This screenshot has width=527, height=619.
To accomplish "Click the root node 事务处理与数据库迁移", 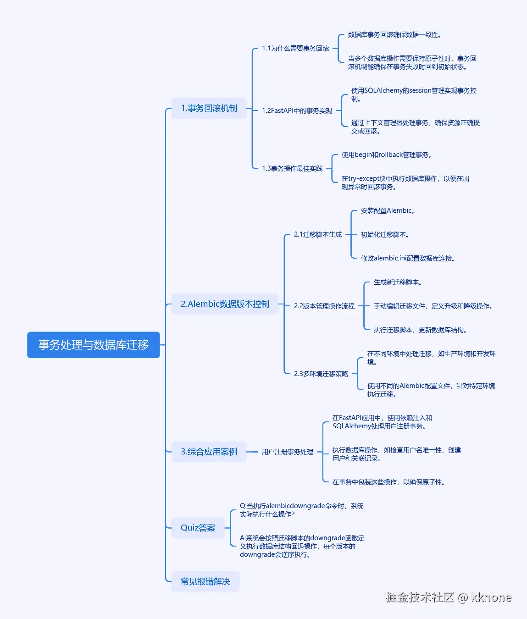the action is click(x=94, y=345).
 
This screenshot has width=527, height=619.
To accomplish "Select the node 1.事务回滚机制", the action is click(x=209, y=108).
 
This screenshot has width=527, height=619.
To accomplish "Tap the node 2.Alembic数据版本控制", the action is click(x=225, y=304).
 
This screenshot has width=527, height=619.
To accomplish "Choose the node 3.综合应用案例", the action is click(x=209, y=452).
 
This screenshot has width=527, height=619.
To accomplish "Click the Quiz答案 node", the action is click(x=198, y=528).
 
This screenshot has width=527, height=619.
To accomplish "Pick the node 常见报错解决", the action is click(x=205, y=581).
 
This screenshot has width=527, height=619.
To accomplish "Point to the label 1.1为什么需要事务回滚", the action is click(x=295, y=48).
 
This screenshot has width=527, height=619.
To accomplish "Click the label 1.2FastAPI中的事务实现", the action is click(x=297, y=111).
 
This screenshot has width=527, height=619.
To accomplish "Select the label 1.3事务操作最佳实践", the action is click(x=292, y=168).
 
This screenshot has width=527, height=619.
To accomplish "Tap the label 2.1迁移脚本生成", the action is click(x=317, y=234).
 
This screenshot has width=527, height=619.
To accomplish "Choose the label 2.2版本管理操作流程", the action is click(x=324, y=306).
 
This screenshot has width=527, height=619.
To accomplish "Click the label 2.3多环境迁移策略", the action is click(x=321, y=373).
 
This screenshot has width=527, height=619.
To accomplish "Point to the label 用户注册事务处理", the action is click(x=287, y=452).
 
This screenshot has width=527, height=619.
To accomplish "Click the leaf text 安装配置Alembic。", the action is click(x=388, y=210).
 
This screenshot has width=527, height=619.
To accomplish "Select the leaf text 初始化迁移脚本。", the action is click(x=385, y=234).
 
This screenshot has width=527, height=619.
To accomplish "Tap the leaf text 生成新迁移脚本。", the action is click(x=398, y=282).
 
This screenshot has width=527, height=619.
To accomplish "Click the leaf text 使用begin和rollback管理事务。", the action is click(x=387, y=155).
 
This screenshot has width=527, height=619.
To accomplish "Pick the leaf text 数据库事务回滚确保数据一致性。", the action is click(x=394, y=35).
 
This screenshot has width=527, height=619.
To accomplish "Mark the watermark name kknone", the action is click(x=491, y=597).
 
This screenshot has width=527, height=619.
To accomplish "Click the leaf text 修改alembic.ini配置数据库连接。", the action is click(x=408, y=258).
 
